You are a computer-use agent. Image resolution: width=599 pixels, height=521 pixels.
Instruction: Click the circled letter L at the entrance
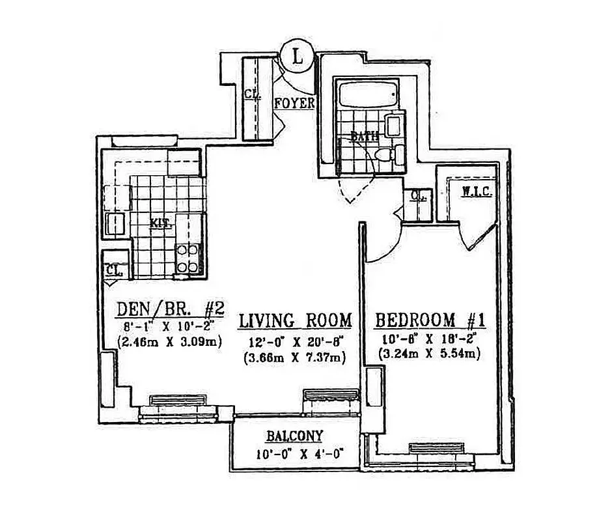click(x=298, y=55)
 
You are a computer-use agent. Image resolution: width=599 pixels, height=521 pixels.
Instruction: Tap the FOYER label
click(x=295, y=104)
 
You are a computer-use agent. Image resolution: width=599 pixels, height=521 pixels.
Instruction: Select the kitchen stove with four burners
click(x=188, y=257)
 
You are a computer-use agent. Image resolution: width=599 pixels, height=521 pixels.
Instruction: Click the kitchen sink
click(x=116, y=223)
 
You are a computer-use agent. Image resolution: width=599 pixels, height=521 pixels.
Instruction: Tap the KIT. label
click(x=160, y=223)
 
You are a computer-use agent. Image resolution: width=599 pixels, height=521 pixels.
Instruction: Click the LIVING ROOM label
click(x=295, y=320)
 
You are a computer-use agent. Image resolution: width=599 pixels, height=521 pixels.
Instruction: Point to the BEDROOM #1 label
click(x=433, y=320)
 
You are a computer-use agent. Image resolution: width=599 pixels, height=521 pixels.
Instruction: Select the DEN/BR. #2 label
click(x=170, y=307)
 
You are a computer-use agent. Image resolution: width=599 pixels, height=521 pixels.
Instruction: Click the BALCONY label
click(x=295, y=436)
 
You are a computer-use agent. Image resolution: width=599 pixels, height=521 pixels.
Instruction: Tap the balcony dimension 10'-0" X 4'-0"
click(x=295, y=454)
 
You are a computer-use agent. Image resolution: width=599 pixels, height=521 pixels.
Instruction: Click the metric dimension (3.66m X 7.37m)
click(x=295, y=357)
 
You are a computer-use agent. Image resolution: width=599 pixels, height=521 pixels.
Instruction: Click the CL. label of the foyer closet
click(x=252, y=94)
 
